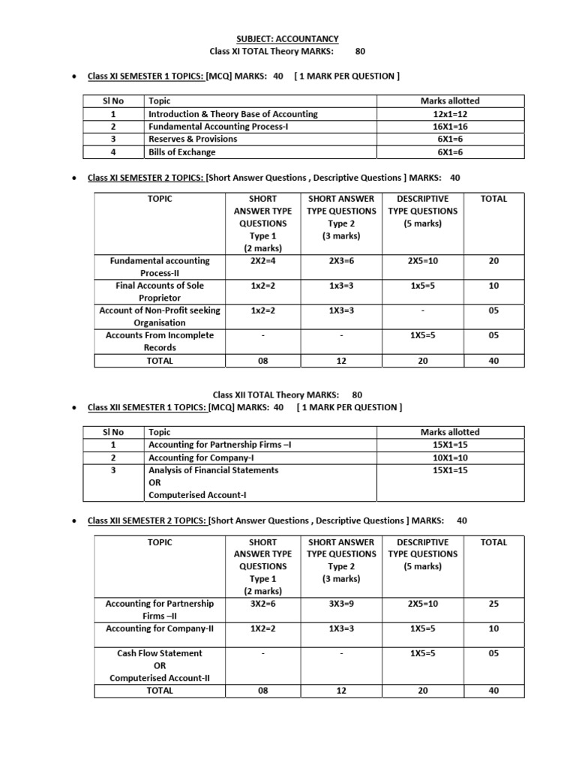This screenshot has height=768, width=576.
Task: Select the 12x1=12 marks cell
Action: tap(450, 114)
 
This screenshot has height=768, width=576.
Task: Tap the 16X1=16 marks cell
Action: tap(450, 127)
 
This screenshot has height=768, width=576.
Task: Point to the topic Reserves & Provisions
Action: tap(193, 139)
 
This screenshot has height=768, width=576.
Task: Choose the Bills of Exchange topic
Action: tap(182, 152)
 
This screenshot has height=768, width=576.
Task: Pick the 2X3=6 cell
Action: tap(341, 261)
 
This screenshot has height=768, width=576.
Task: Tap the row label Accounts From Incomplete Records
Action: tap(159, 341)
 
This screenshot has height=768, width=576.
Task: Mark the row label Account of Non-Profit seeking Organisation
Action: tap(159, 316)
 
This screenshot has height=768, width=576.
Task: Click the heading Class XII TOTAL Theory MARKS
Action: tap(276, 394)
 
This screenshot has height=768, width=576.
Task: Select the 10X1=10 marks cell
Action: tap(450, 457)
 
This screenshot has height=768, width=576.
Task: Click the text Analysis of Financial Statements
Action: tap(214, 470)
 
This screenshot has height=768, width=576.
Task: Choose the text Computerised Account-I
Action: tap(198, 495)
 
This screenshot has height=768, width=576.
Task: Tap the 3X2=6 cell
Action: tap(262, 604)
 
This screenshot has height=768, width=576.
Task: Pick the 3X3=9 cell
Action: tap(341, 604)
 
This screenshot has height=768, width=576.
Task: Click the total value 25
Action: tap(493, 604)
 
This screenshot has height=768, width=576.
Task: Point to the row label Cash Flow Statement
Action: tap(159, 653)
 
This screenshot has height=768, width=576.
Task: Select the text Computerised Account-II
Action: tap(159, 678)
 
